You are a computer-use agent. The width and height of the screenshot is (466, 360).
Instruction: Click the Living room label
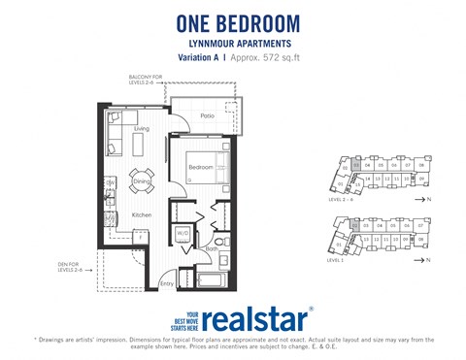[142, 128]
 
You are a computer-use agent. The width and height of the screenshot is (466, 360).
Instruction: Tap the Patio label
[207, 116]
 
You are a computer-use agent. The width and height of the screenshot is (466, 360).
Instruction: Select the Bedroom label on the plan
[200, 169]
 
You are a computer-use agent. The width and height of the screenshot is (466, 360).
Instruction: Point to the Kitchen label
[142, 215]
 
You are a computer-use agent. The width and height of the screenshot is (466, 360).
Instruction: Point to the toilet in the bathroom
[221, 241]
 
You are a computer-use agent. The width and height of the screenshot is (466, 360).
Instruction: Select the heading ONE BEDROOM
[232, 23]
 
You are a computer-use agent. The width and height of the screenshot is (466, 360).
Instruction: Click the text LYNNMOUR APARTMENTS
[232, 44]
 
